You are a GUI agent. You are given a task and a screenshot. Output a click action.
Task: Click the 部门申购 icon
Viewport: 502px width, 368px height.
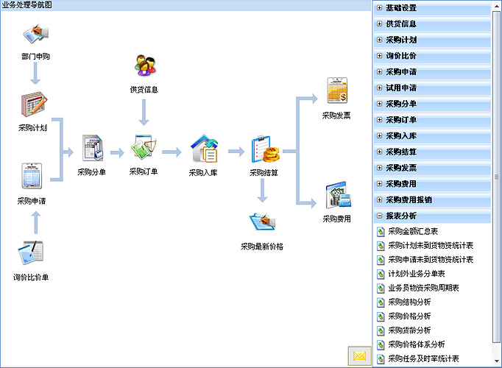(36, 35)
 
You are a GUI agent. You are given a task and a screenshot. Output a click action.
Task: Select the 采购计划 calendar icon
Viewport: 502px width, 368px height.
(34, 105)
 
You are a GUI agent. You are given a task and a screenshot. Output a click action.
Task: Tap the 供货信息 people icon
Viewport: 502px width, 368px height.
(144, 66)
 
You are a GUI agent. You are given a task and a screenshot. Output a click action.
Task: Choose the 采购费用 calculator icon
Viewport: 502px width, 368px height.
(336, 195)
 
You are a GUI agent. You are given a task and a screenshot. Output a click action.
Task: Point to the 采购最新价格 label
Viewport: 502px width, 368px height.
(262, 246)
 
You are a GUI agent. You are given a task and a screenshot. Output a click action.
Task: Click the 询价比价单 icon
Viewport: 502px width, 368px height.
(31, 253)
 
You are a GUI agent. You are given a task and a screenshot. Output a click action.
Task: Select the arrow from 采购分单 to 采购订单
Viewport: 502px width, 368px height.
(116, 153)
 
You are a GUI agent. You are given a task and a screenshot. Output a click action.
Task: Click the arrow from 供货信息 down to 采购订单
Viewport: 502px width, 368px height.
(144, 113)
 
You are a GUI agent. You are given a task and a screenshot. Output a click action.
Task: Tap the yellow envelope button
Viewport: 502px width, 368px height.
(359, 356)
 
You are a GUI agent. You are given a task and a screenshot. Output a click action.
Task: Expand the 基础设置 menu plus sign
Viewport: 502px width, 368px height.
(379, 8)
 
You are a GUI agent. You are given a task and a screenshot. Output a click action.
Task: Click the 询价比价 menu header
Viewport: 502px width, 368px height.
(401, 56)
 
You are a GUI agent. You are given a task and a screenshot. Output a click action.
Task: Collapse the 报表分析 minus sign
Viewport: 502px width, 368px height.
(379, 216)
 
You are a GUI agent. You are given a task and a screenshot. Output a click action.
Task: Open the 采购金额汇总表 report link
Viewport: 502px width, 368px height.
(413, 232)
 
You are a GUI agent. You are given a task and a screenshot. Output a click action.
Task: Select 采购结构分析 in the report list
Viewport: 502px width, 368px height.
(409, 302)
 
